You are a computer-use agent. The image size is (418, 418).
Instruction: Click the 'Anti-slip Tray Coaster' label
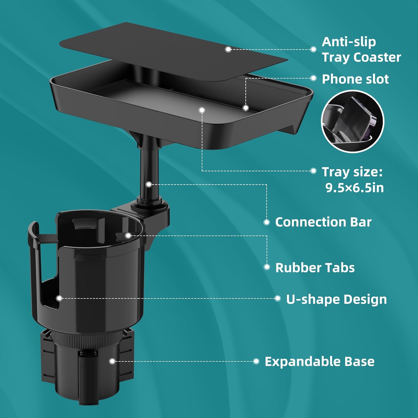361,50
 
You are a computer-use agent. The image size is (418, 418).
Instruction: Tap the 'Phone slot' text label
355,79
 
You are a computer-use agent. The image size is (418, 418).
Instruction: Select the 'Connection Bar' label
323,222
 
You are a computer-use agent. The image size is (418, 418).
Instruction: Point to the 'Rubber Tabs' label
315,268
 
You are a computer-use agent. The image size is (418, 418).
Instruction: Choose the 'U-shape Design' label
336,299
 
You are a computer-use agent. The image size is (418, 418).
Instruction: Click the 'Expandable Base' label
319,361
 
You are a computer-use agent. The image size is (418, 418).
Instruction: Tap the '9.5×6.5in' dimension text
354,188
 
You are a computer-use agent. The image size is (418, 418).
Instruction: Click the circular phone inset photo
353,121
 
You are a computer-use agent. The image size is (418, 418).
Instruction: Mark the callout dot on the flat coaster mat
228,49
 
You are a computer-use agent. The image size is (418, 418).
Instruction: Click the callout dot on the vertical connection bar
149,184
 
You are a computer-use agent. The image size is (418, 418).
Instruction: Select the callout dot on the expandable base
112,361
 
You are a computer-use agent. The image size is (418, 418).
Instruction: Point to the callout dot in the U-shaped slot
59,298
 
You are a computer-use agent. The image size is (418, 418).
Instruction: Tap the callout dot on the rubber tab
128,235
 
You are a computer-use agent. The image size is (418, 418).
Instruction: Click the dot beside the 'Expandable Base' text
256,361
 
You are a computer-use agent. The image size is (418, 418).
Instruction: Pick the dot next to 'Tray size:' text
313,171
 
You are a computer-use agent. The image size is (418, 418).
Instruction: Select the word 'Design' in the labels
365,299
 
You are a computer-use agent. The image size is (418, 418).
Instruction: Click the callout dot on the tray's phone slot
246,108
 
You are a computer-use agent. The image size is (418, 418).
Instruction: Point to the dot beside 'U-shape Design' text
278,298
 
